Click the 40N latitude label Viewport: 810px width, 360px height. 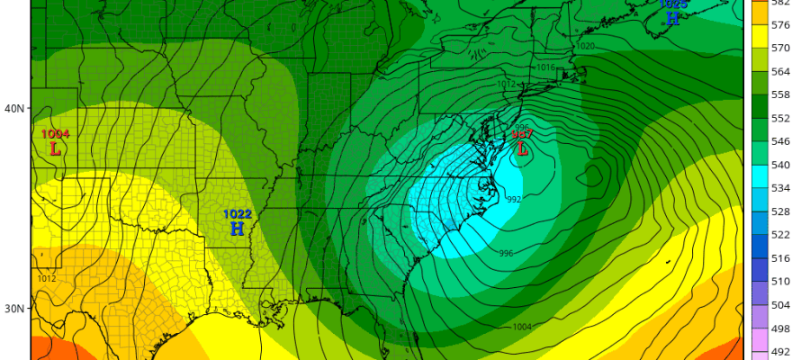tap(15, 109)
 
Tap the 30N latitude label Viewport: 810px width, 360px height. tap(15, 309)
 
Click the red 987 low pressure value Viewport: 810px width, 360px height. tap(523, 134)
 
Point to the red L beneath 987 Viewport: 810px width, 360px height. tap(522, 149)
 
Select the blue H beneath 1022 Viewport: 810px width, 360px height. tap(237, 229)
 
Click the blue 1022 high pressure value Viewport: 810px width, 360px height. tap(238, 214)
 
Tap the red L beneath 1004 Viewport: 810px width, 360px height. tap(55, 148)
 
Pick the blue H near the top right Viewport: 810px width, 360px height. tap(672, 18)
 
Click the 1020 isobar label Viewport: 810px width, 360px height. tap(585, 46)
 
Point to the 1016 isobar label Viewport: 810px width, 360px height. tap(544, 67)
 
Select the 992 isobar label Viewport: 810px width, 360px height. tap(514, 200)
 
